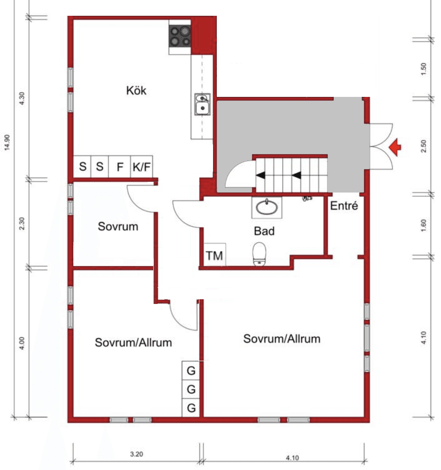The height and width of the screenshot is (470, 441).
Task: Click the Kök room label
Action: [136, 90]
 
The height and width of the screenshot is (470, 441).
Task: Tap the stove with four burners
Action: [180, 36]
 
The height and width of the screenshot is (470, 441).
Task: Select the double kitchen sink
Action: [202, 104]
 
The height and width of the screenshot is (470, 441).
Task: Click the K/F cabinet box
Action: [141, 166]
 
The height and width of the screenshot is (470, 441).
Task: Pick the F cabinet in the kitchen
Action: [120, 166]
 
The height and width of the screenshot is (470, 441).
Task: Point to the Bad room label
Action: [264, 231]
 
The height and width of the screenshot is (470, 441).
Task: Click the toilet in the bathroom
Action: [259, 254]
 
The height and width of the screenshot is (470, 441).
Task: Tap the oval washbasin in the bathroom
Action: [267, 207]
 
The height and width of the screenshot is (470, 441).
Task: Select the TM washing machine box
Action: [215, 254]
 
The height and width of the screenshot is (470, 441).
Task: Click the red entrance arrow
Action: [395, 147]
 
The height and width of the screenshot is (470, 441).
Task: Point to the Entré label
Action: [344, 206]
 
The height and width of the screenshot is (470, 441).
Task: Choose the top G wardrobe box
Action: [191, 371]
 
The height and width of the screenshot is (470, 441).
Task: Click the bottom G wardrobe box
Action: [191, 408]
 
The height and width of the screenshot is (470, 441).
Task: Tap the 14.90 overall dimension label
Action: [7, 143]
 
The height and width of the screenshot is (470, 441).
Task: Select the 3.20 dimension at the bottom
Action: [137, 454]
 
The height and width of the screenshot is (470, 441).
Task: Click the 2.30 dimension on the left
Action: [22, 224]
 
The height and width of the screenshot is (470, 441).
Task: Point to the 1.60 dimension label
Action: [423, 225]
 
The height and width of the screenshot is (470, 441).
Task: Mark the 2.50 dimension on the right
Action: [423, 146]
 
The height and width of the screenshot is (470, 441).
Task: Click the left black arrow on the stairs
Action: [260, 175]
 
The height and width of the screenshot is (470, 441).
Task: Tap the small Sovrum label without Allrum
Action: [118, 226]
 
